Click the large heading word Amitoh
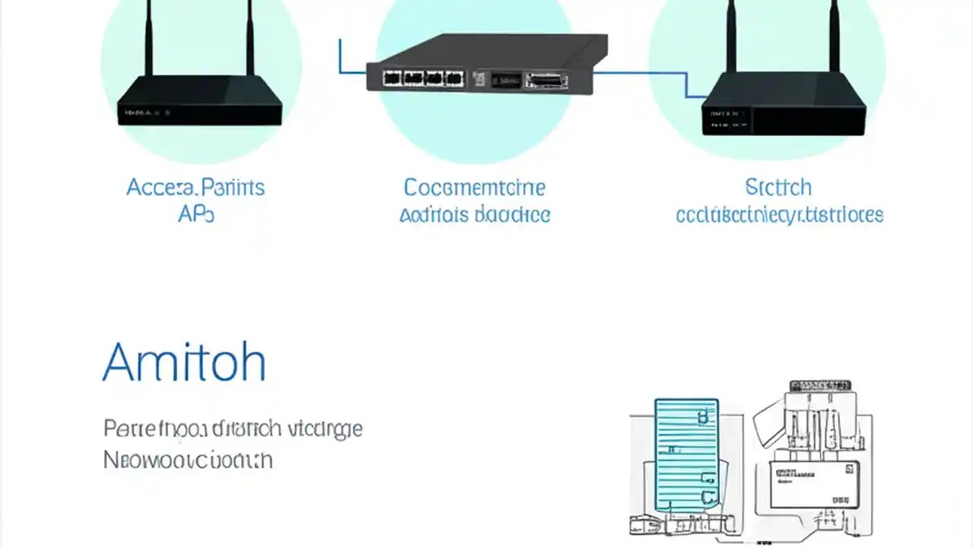(x=184, y=362)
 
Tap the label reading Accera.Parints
(x=195, y=188)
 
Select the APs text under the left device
(x=195, y=215)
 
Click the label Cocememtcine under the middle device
(x=474, y=188)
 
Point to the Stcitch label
(x=778, y=188)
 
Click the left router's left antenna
(x=149, y=38)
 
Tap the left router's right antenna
(x=249, y=38)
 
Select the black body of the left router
(x=199, y=103)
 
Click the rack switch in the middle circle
(x=486, y=65)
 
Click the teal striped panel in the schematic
(x=686, y=456)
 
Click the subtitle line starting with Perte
(x=233, y=429)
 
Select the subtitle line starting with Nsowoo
(x=188, y=460)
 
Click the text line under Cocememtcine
(x=474, y=215)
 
